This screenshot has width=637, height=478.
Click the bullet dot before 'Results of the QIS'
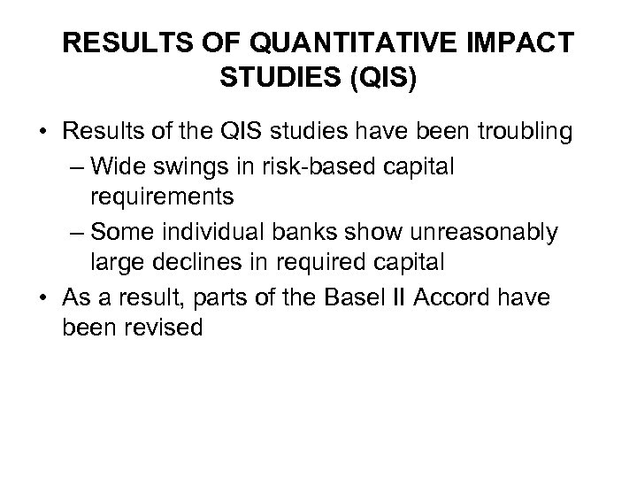coord(43,134)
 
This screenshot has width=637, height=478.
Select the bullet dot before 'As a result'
coord(43,299)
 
